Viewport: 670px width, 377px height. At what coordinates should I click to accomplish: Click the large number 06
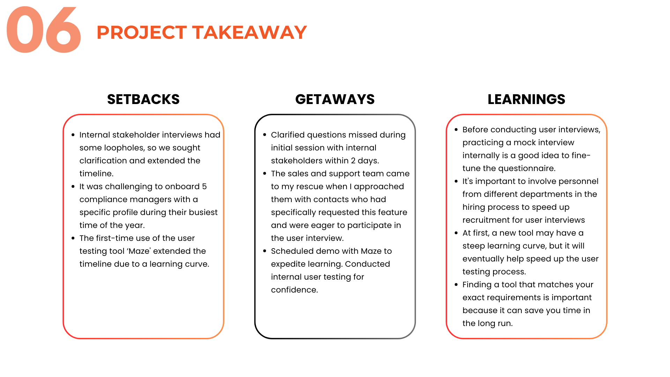44,31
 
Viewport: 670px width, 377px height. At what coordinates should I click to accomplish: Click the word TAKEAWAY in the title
250,32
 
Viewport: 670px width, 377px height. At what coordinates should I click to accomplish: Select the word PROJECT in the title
141,32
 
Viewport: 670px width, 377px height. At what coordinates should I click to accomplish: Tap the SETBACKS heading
143,99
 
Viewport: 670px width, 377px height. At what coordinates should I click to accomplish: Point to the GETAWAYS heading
335,99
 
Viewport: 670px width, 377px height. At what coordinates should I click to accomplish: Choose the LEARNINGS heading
526,99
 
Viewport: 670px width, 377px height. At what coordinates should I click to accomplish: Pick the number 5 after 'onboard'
204,186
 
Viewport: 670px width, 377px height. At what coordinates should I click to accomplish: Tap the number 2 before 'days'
353,161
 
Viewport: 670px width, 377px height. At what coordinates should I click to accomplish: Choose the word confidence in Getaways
294,290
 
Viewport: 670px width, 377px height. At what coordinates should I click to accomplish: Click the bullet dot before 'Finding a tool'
456,284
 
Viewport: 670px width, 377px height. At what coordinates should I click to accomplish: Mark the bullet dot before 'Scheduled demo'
265,251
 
